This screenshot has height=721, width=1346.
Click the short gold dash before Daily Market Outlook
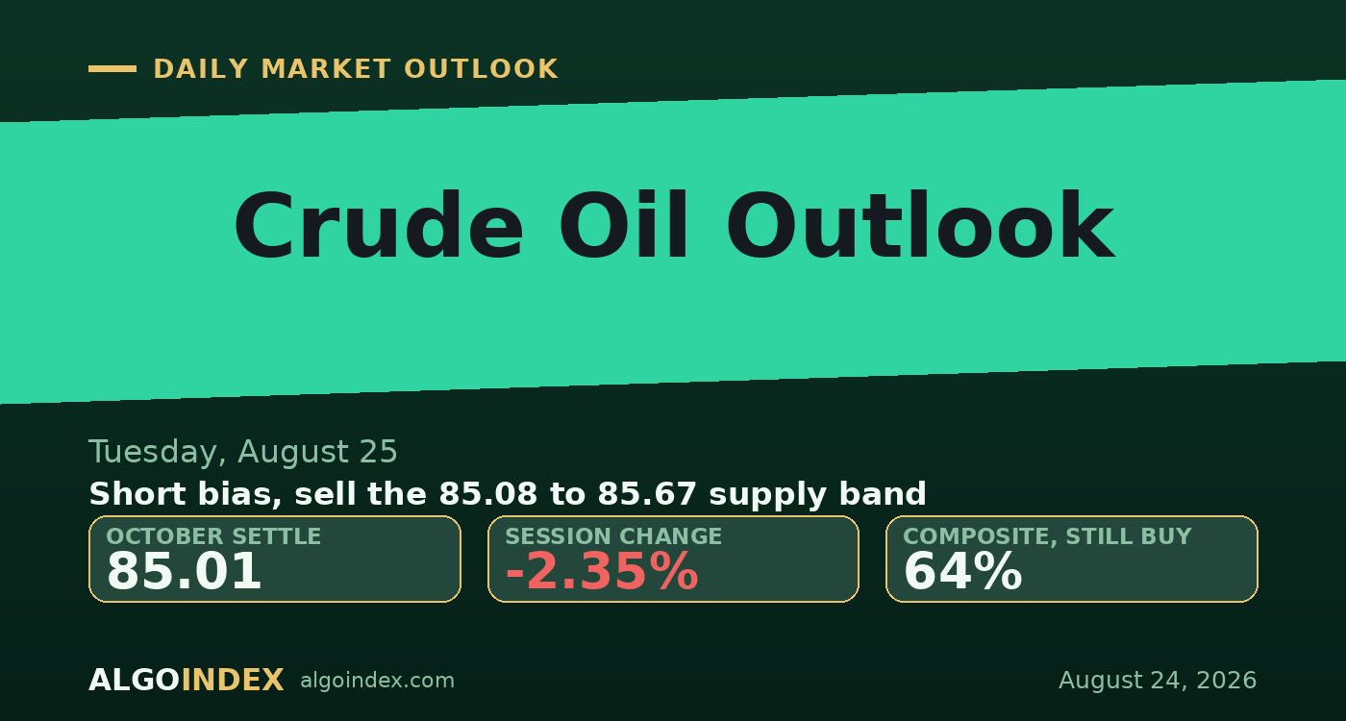112,69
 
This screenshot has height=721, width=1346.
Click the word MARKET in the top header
326,69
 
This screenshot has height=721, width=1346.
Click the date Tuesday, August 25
242,452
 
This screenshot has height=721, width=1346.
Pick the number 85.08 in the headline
488,494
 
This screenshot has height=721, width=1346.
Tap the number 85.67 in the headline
646,494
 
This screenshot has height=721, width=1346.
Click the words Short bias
185,494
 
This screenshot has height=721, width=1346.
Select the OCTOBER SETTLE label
213,536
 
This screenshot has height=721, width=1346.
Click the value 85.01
184,571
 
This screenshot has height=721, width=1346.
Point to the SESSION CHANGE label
613,536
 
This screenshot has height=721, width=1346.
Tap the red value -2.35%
602,571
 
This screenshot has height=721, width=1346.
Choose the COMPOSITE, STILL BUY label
1047,536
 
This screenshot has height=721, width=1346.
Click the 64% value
962,571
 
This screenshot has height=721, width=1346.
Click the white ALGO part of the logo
134,681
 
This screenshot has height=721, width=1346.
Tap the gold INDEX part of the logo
233,681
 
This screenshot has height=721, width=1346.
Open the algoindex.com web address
377,681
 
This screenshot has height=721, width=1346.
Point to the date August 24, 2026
1158,681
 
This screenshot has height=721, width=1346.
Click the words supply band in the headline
817,494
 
